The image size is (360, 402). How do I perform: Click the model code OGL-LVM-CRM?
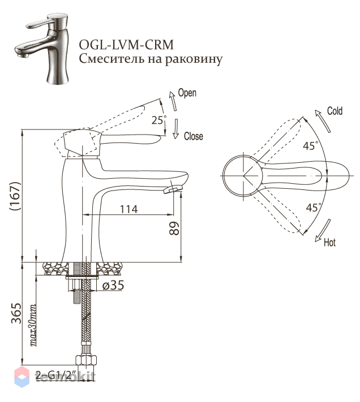click(126, 45)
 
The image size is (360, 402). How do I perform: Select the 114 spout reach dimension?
click(129, 209)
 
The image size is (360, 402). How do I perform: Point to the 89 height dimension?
click(174, 228)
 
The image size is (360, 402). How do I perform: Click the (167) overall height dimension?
click(15, 196)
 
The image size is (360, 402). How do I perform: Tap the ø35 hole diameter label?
click(113, 285)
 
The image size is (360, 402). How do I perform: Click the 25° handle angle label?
click(158, 120)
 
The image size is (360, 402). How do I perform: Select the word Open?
click(187, 93)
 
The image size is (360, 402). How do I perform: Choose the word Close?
click(194, 136)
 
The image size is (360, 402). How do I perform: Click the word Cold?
click(335, 111)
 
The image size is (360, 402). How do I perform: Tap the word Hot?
click(329, 242)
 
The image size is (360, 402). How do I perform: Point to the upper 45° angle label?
click(310, 146)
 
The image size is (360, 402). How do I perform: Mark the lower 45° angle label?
click(314, 207)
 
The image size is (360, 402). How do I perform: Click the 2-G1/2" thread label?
click(53, 375)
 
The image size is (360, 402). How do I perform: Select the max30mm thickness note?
click(33, 325)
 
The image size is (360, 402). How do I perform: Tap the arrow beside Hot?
click(323, 231)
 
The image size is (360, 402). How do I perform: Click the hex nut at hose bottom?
click(87, 360)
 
